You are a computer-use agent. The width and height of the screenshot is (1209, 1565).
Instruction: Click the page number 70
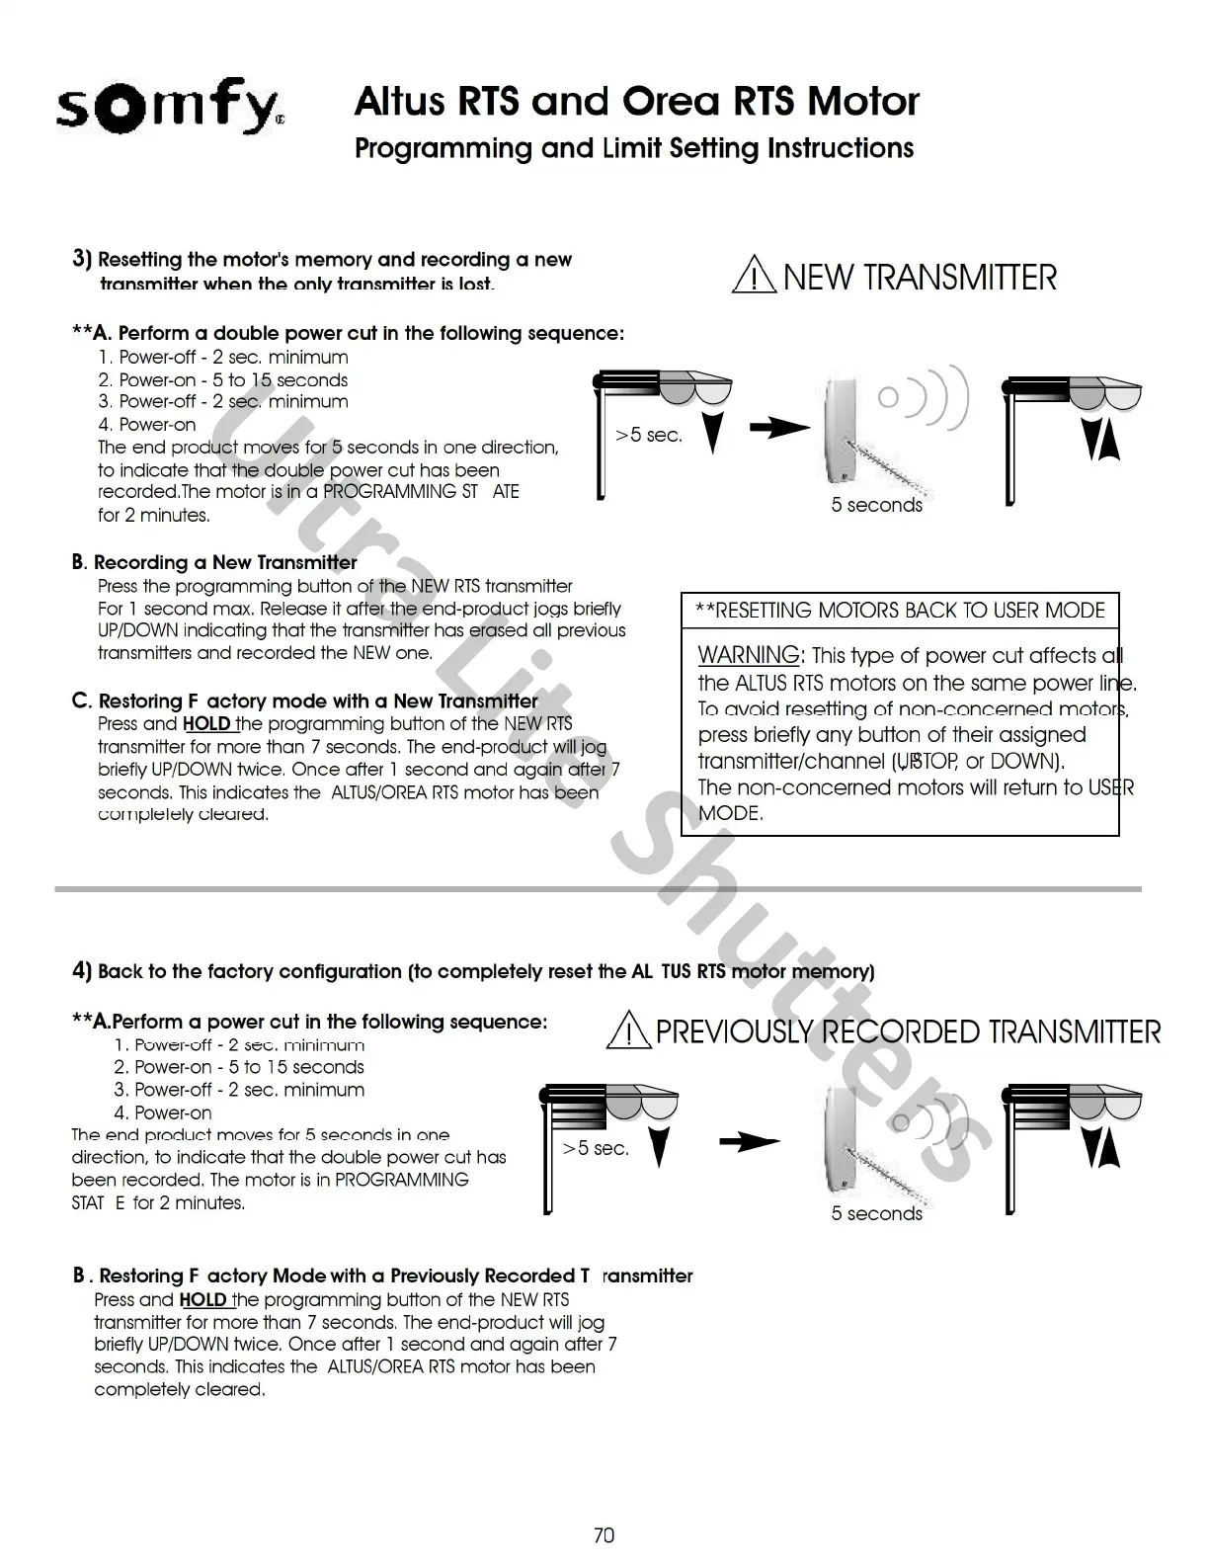[x=604, y=1534]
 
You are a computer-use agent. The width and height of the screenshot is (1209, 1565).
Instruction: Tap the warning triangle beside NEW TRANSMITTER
[x=753, y=276]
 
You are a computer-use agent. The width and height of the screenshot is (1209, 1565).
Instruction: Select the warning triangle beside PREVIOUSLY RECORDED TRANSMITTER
[x=627, y=1031]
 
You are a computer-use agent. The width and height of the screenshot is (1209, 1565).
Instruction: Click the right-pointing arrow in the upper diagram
[x=778, y=429]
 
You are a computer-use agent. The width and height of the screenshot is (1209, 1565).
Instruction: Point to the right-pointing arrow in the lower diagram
[x=749, y=1142]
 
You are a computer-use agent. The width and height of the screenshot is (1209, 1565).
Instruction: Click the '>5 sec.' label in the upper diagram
[x=649, y=435]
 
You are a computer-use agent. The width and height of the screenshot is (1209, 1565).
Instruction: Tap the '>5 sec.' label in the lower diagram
[x=596, y=1148]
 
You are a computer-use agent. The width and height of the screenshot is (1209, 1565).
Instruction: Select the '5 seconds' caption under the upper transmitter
[x=876, y=505]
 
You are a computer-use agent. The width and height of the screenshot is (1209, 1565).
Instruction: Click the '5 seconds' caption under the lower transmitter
[x=876, y=1213]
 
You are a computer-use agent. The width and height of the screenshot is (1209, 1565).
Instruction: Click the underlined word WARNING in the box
[x=749, y=655]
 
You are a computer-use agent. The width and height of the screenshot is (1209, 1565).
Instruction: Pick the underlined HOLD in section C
[x=206, y=723]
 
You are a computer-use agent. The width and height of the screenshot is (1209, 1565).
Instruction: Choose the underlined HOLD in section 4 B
[x=202, y=1299]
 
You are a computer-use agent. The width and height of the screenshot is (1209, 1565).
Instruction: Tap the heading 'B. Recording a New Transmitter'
[x=214, y=562]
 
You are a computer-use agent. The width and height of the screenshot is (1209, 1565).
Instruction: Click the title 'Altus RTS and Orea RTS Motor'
[x=636, y=101]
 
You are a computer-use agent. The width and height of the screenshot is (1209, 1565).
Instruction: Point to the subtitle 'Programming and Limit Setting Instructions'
[x=633, y=148]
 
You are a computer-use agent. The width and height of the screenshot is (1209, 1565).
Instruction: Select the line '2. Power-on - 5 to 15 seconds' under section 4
[x=238, y=1067]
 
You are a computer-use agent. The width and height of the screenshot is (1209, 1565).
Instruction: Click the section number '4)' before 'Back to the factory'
[x=82, y=970]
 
